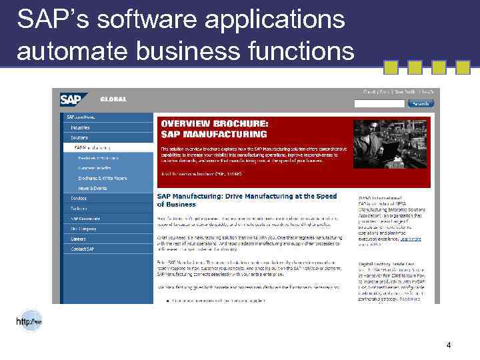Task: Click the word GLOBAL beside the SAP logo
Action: (x=113, y=99)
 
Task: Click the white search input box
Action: (x=379, y=103)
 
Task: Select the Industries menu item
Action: (x=81, y=127)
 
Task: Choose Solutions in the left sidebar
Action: (x=79, y=137)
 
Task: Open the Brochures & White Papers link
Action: (x=102, y=178)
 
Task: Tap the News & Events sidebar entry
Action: (x=92, y=188)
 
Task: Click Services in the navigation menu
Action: (x=79, y=198)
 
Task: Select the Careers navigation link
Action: (x=78, y=239)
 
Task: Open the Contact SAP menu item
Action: (x=83, y=249)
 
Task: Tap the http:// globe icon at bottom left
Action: (x=29, y=320)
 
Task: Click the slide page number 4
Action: (x=449, y=345)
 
